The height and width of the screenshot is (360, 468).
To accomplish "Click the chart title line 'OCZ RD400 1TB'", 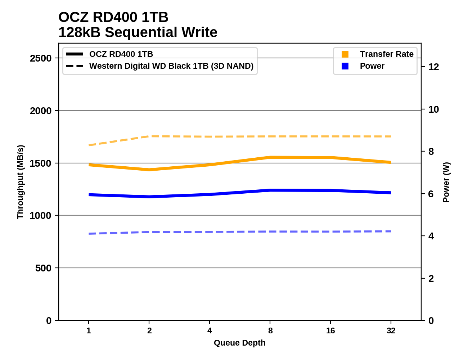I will tap(113, 17).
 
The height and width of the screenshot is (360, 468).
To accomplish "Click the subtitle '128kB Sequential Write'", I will tap(138, 32).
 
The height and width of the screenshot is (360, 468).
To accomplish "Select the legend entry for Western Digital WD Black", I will tap(171, 66).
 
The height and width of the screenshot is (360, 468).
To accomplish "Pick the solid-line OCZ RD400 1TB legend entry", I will tap(121, 54).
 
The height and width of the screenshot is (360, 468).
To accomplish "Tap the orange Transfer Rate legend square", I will tap(345, 54).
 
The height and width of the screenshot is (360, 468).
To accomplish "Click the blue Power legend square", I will tap(345, 66).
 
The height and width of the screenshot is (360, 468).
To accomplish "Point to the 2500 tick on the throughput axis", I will tap(41, 58).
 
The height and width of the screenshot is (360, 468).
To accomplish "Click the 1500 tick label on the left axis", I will tap(41, 163).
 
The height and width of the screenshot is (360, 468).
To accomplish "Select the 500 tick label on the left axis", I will tap(43, 268).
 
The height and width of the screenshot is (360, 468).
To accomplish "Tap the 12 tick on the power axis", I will tap(433, 67).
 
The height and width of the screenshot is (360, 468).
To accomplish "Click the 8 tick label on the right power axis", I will tap(431, 152).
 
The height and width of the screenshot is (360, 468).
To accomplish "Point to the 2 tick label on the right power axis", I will tap(431, 279).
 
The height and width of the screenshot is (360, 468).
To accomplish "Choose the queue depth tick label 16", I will tap(330, 330).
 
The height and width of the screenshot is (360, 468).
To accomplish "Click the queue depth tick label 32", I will tap(391, 330).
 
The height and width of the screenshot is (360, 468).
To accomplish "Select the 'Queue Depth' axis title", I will tap(239, 343).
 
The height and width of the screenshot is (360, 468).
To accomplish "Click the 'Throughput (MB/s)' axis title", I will tap(20, 182).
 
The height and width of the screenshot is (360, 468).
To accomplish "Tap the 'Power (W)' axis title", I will tap(446, 182).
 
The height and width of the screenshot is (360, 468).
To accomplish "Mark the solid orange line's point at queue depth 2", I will tap(149, 170).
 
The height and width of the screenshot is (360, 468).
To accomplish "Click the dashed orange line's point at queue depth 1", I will tap(89, 145).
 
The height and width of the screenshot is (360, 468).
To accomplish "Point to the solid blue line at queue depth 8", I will tap(270, 190).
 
